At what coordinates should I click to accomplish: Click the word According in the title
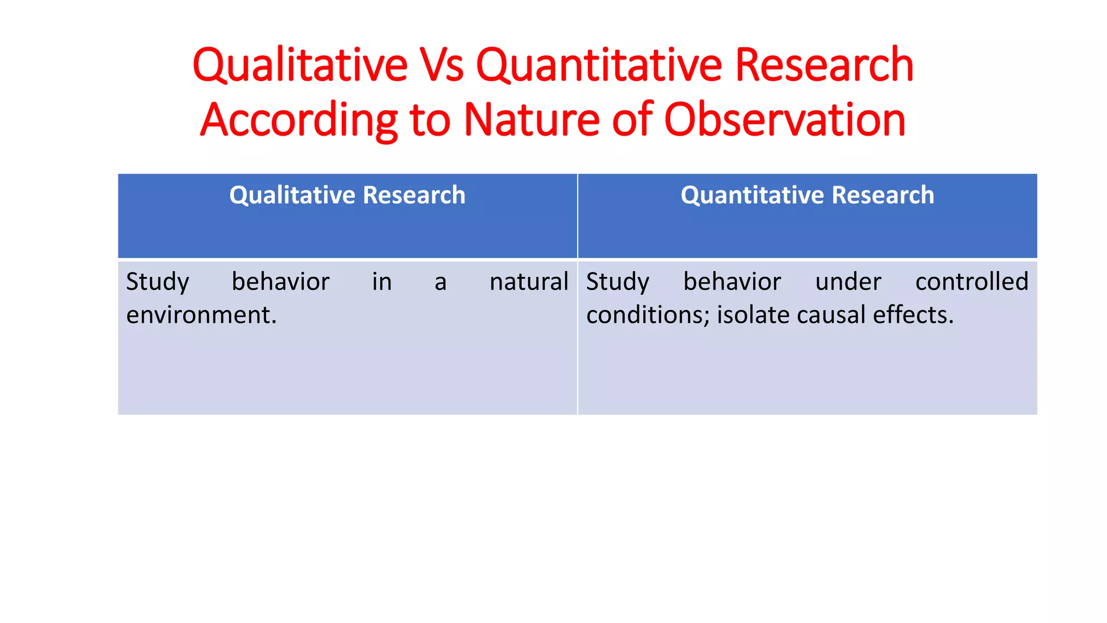click(x=299, y=120)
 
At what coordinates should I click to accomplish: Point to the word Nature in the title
click(x=531, y=120)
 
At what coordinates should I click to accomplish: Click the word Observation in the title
click(x=784, y=120)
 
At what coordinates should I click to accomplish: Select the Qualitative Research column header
click(x=347, y=195)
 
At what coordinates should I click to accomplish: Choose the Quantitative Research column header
click(x=807, y=195)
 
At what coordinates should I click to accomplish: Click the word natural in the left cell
click(x=529, y=282)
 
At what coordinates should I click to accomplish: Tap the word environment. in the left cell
click(x=202, y=315)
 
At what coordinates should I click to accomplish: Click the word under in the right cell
click(x=848, y=282)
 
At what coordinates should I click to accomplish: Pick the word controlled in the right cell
click(x=971, y=282)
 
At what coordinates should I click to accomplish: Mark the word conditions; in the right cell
click(x=648, y=315)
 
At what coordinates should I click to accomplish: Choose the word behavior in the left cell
click(x=281, y=282)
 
